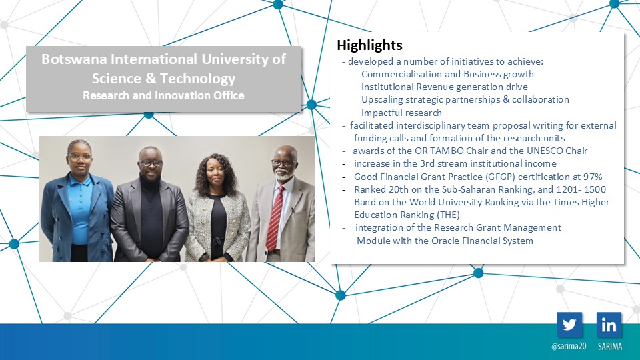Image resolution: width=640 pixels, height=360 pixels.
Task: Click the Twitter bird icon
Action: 569,325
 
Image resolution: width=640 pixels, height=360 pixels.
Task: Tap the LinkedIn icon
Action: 609,325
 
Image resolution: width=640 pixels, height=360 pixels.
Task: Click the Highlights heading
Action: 369,45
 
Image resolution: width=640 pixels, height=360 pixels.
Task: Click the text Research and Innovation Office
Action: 164,95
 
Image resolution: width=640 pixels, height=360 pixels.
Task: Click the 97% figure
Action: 593,177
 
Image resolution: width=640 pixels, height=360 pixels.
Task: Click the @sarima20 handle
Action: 569,346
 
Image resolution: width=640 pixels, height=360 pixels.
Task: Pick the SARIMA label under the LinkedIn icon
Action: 610,346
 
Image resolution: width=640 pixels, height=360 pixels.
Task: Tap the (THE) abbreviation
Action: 448,215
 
